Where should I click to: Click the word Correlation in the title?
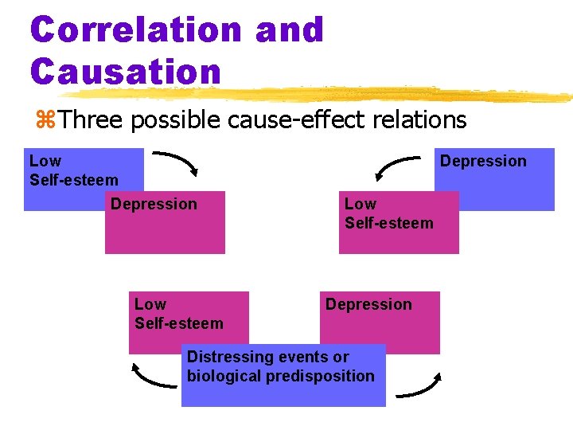(136, 29)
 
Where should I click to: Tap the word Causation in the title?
(125, 71)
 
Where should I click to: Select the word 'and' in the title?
(290, 29)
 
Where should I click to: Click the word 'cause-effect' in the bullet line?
(278, 120)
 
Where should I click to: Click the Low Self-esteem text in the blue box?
(73, 170)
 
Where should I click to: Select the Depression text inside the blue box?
(483, 161)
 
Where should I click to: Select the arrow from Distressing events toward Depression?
(419, 385)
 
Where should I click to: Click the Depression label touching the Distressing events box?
(368, 304)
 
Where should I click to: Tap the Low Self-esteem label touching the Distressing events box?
(178, 314)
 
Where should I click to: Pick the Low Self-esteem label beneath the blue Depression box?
(388, 213)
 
